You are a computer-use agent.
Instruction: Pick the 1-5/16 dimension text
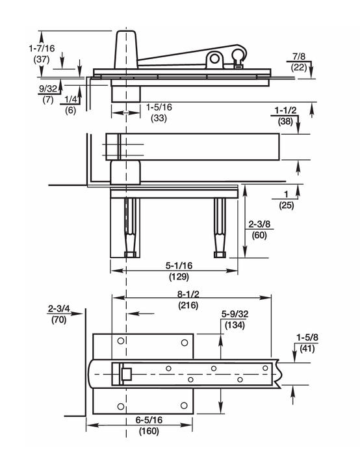(x=159, y=107)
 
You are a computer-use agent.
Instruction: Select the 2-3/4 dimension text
(x=60, y=310)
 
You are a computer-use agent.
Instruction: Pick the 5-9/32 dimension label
(x=234, y=314)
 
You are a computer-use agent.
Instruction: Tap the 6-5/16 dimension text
(x=149, y=420)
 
